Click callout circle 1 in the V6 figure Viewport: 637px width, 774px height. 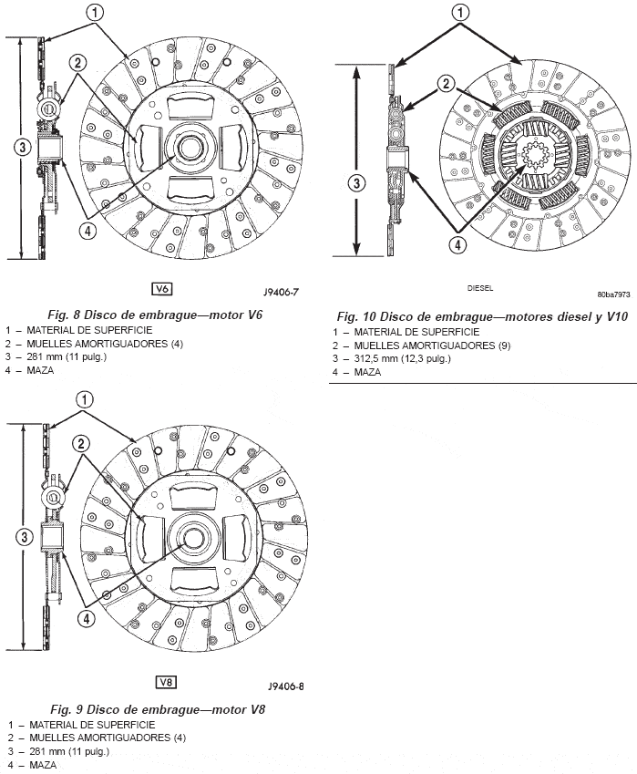click(x=97, y=12)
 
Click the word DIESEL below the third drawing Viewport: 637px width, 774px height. click(x=480, y=286)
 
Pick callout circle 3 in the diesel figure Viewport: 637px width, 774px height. click(x=358, y=182)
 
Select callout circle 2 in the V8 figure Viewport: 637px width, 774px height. click(x=81, y=444)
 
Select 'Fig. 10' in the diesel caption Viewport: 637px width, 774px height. click(x=358, y=316)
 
